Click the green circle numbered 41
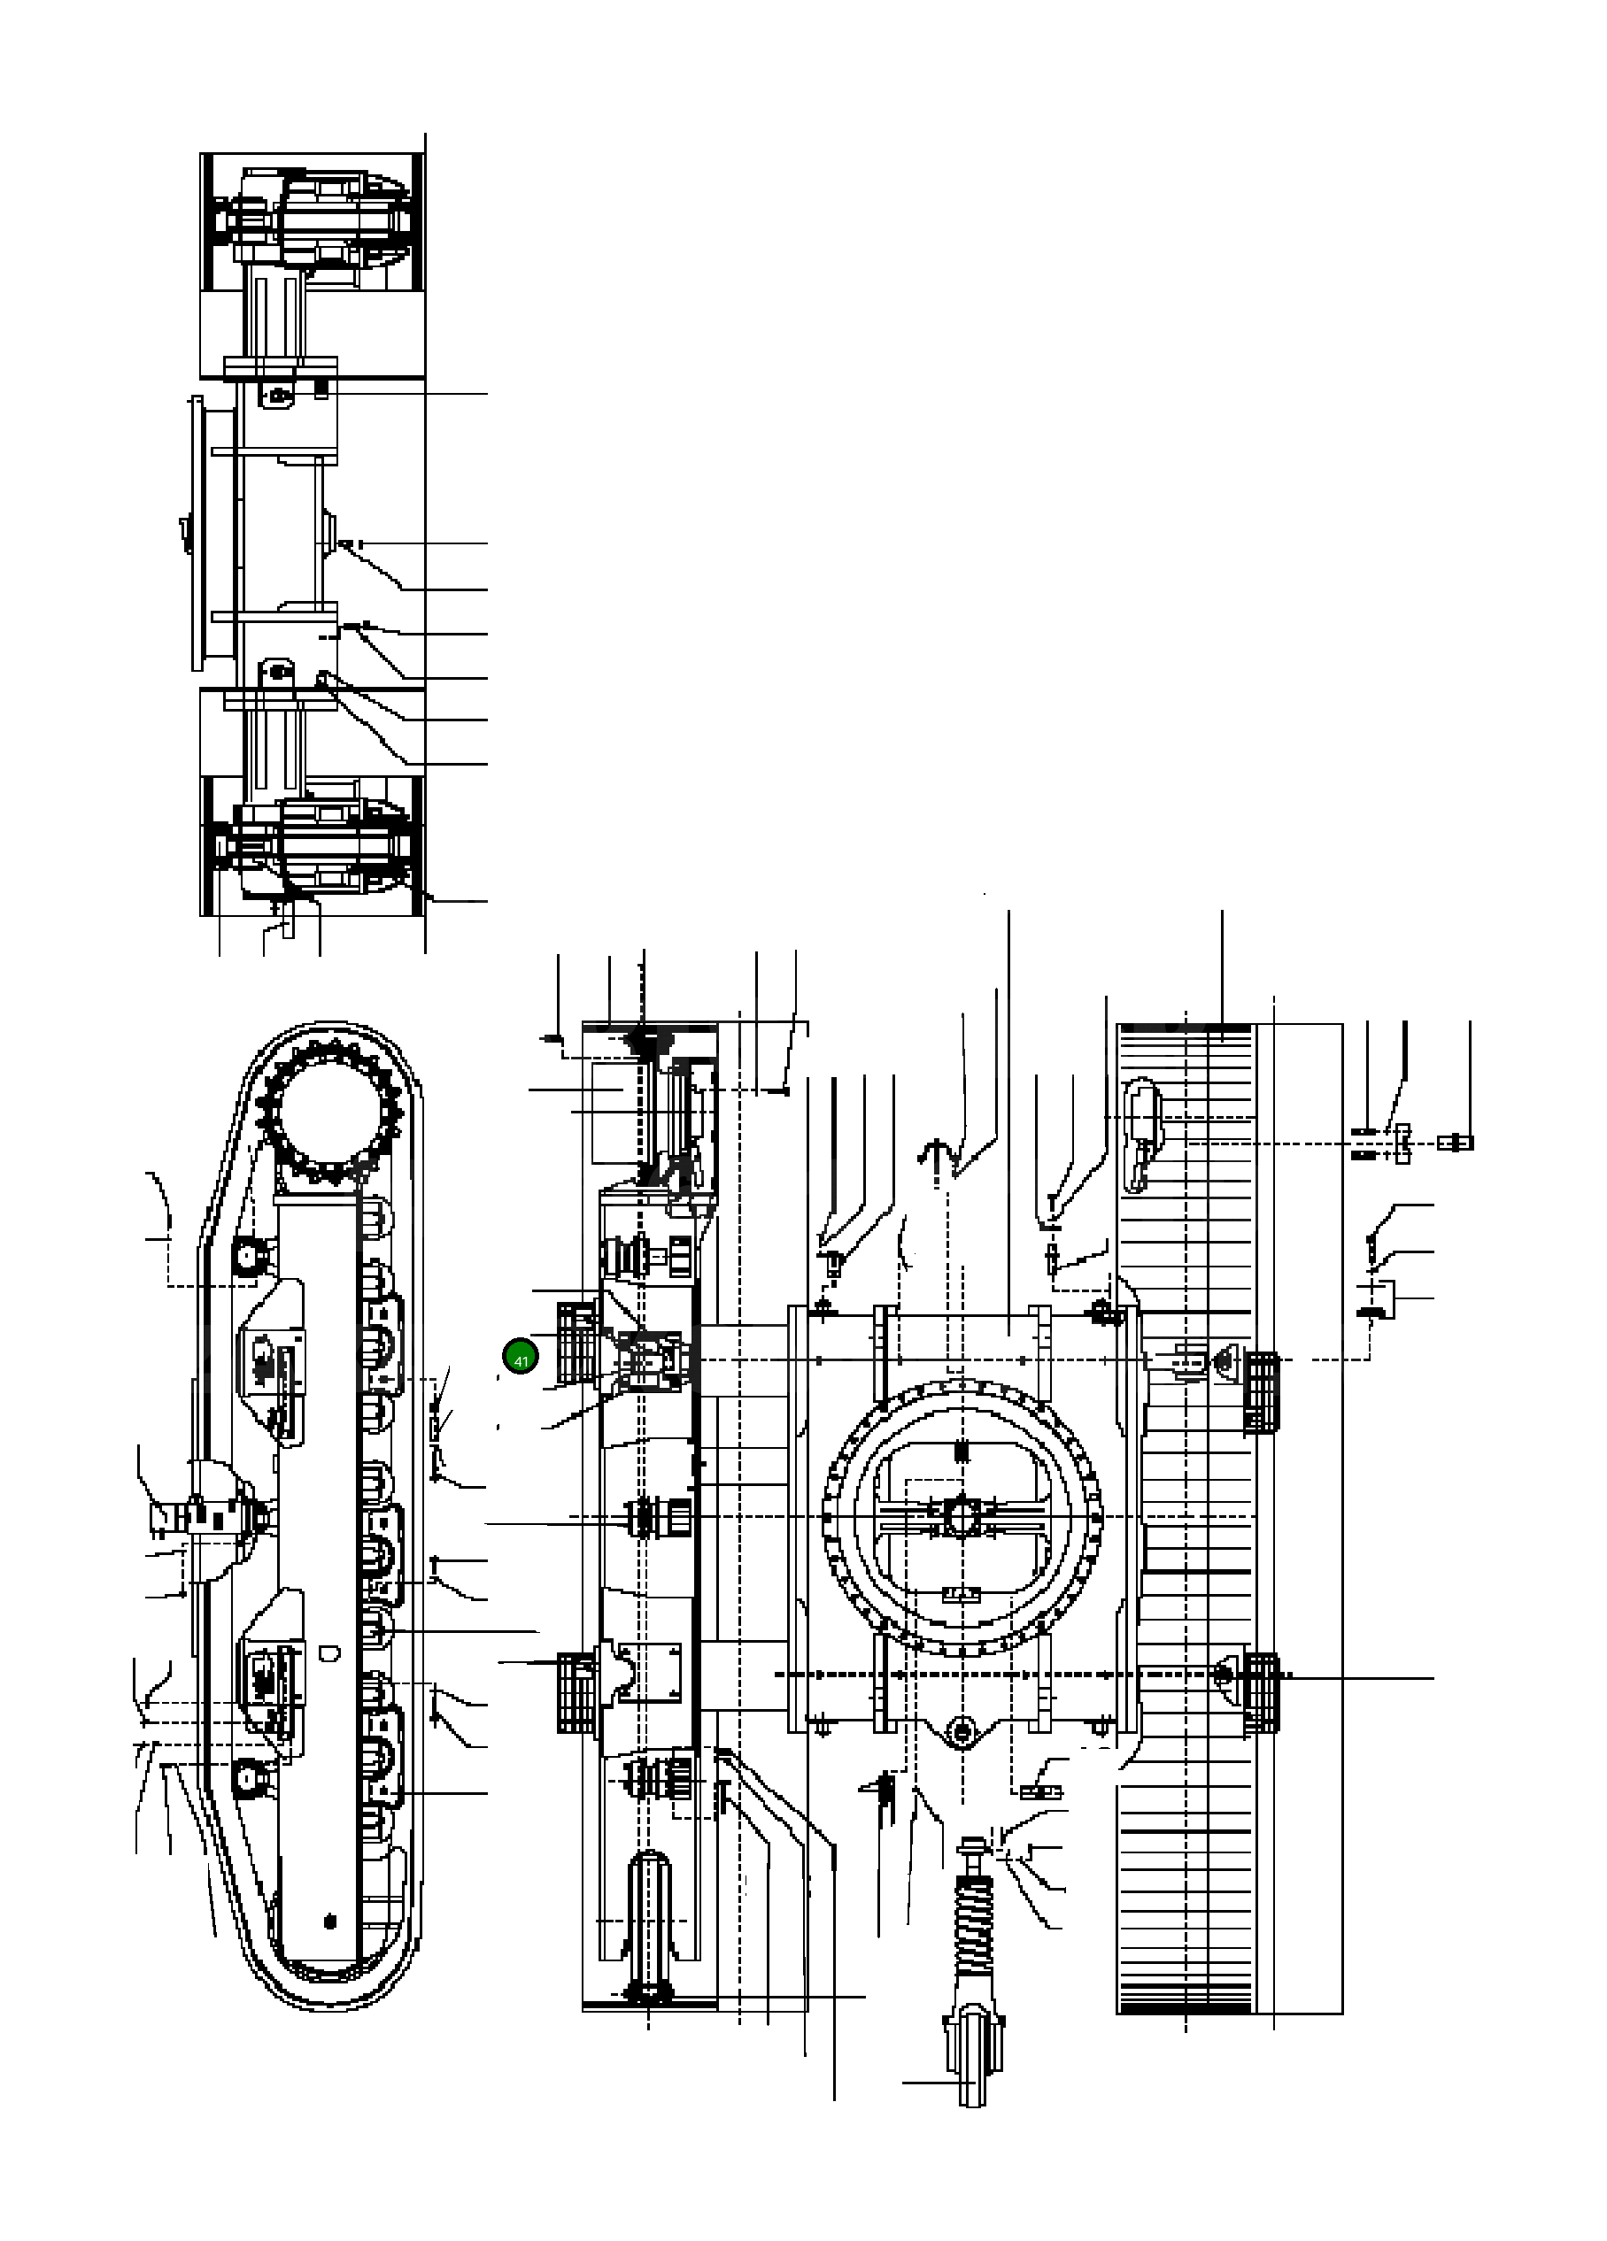(521, 1358)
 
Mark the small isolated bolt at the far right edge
(1456, 1143)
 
